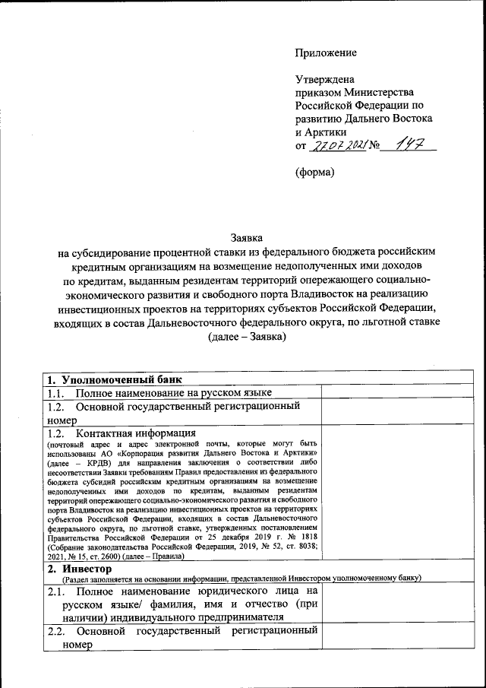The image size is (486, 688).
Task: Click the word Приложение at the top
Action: (326, 52)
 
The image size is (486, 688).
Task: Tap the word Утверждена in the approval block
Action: (324, 78)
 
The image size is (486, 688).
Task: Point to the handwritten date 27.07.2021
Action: (338, 146)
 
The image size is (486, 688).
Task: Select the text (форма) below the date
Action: (314, 172)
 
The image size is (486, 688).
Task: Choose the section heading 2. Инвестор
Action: (79, 569)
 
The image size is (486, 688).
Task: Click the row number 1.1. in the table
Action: (58, 392)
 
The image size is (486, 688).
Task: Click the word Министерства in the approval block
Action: (382, 92)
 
